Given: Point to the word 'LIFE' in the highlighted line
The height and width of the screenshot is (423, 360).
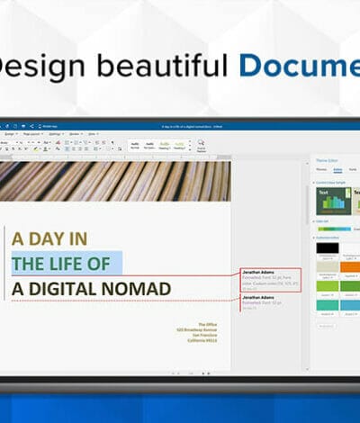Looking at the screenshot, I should click(x=68, y=264).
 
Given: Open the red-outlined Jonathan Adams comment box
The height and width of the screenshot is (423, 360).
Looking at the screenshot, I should click(x=270, y=278).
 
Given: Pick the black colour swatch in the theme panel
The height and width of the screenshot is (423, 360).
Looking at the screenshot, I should click(x=328, y=247).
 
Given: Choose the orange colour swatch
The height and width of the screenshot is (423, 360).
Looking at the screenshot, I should click(x=350, y=267).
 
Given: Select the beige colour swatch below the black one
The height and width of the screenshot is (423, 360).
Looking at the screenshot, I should click(x=328, y=267).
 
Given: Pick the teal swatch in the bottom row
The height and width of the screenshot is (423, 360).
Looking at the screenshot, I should click(x=328, y=305).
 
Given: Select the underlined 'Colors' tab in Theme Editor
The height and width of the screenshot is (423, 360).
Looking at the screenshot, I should click(x=337, y=169).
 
